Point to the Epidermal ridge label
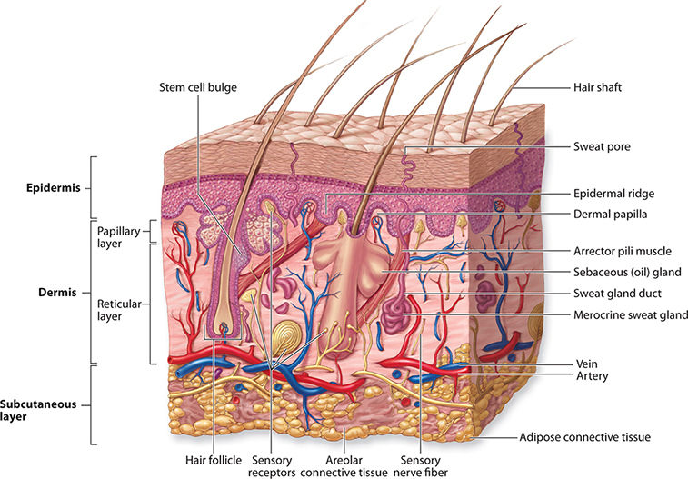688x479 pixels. (x=613, y=193)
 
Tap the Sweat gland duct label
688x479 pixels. (x=617, y=294)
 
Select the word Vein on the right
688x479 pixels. (x=585, y=363)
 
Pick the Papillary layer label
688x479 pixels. (x=119, y=238)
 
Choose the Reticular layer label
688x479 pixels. (x=119, y=300)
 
